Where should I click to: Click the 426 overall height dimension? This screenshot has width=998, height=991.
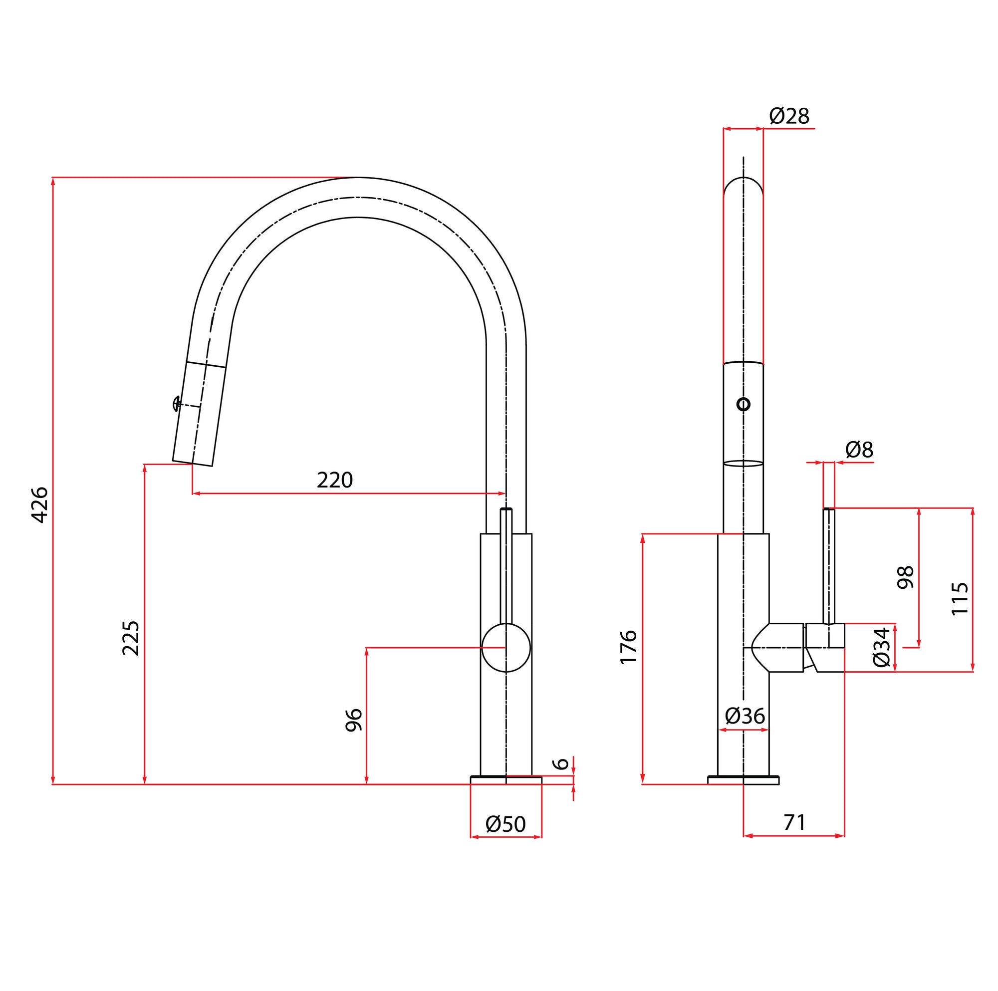[40, 505]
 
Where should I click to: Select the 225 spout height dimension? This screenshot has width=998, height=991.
[131, 638]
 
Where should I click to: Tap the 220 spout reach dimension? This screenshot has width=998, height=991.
[335, 481]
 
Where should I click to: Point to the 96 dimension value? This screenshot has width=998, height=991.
[354, 720]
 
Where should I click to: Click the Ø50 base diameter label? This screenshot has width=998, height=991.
[505, 824]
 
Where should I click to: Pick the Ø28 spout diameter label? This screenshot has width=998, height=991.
[789, 116]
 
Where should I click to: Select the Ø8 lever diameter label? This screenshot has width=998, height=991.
[859, 450]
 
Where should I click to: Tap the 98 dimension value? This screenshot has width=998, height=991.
[906, 578]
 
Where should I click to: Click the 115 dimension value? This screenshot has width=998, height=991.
[960, 599]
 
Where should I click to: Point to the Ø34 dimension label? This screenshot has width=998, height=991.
[881, 647]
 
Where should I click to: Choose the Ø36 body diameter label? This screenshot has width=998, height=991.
[745, 716]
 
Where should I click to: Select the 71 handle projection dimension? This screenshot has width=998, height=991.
[794, 822]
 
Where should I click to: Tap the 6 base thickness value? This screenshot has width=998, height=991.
[561, 763]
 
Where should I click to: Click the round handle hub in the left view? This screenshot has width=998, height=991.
[505, 648]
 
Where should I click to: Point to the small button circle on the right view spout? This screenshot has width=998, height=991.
[743, 404]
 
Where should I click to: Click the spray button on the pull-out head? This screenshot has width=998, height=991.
[177, 404]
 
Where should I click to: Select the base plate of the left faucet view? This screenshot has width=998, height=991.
[505, 780]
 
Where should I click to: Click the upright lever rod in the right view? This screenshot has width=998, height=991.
[828, 566]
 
